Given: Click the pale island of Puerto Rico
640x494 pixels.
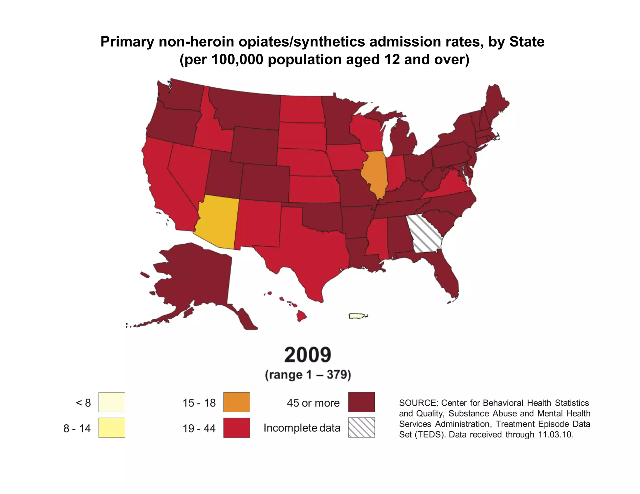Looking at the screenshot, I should click(x=357, y=316).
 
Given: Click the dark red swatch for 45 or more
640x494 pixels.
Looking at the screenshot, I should click(x=361, y=402).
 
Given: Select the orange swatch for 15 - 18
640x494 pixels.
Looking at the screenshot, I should click(x=237, y=402).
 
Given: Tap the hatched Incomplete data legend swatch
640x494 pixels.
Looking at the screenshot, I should click(x=361, y=427).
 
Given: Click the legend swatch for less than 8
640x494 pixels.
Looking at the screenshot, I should click(x=112, y=402).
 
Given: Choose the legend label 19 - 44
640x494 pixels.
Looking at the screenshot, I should click(x=199, y=428).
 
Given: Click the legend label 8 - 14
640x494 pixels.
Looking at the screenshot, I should click(x=77, y=428).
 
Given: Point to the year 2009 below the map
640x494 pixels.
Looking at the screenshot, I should click(x=307, y=355).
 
